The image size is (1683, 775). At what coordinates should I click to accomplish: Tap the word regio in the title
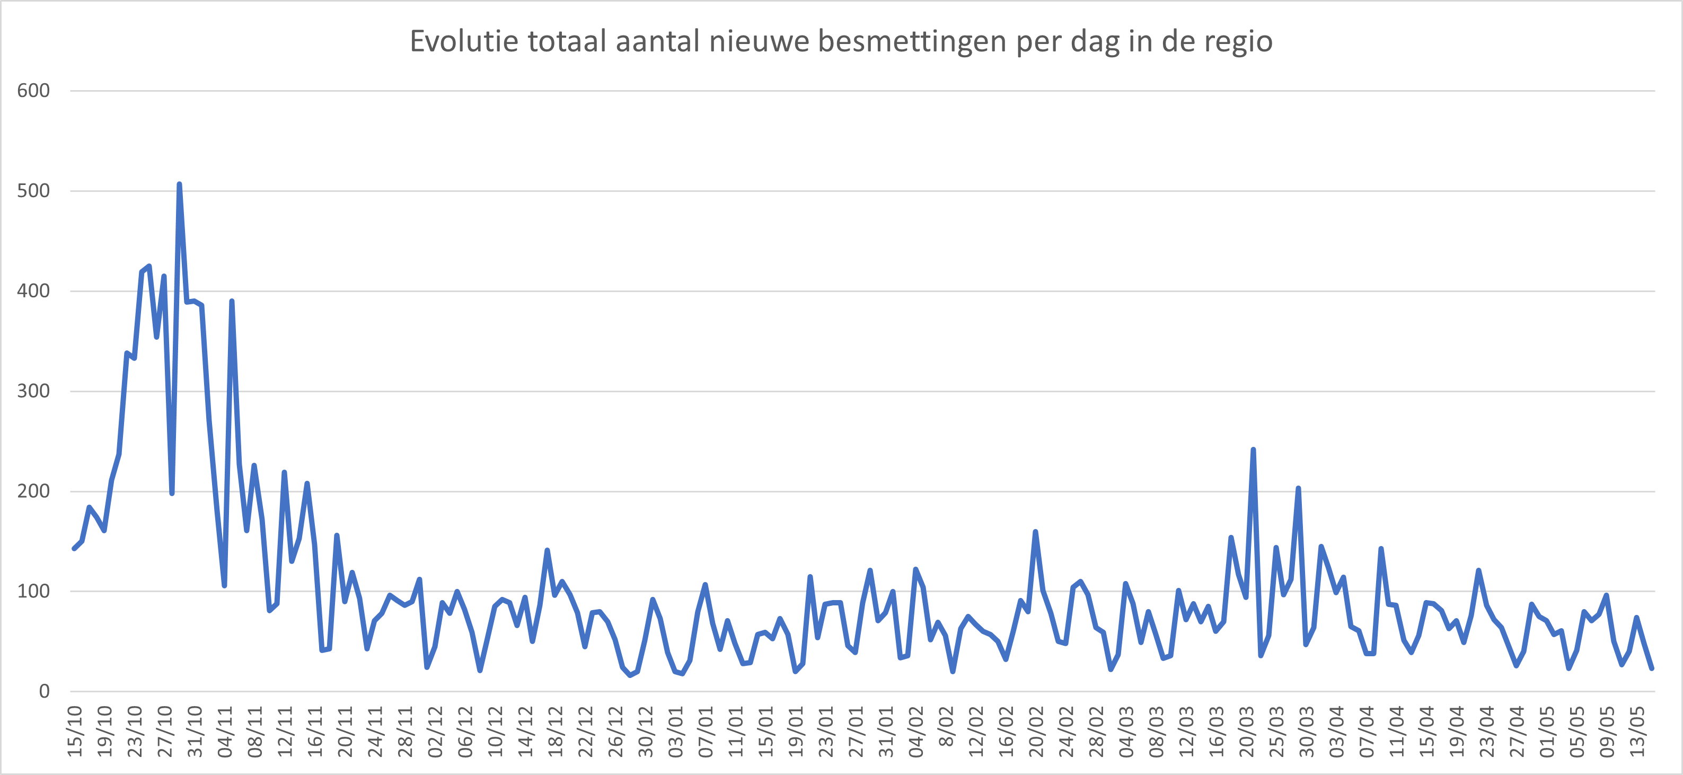click(1239, 42)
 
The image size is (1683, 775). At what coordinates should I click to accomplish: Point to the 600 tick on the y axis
click(33, 91)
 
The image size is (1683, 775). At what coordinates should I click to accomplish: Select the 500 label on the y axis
click(33, 191)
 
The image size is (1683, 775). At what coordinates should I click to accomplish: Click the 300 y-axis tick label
click(33, 391)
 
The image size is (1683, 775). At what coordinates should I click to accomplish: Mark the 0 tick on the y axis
click(45, 691)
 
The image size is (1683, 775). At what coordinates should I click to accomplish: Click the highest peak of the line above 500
click(179, 185)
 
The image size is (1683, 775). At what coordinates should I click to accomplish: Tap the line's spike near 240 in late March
click(1253, 450)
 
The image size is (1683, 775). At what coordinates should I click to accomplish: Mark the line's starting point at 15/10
click(74, 548)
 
